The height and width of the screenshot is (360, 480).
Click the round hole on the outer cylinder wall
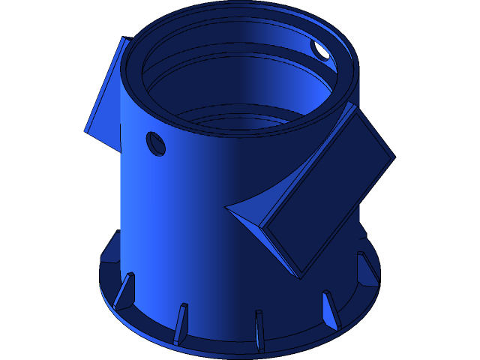pos(156,143)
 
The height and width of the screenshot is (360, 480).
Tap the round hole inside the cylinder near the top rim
pos(320,50)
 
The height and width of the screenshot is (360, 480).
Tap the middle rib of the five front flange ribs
pos(259,328)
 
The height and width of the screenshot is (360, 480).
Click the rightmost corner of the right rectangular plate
pos(394,157)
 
